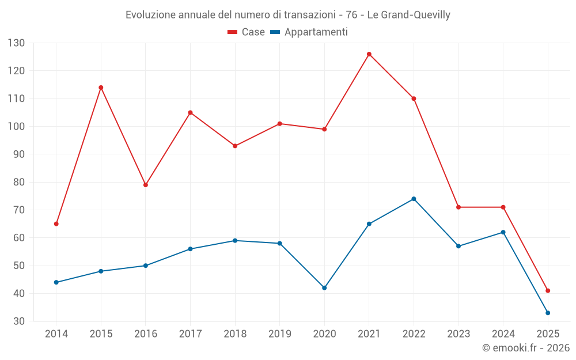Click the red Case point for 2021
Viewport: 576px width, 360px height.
(x=369, y=54)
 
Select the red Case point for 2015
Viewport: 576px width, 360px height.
(x=101, y=88)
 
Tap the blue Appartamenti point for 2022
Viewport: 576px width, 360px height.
(x=414, y=199)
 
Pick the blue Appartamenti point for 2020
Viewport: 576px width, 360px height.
(x=324, y=287)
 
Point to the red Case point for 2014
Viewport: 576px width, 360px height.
(x=56, y=223)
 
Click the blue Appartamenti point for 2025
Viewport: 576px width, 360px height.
(x=548, y=313)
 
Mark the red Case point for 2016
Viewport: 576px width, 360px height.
(x=146, y=185)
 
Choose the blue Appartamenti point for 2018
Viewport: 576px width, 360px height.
(x=235, y=240)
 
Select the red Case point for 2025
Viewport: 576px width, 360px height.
(x=548, y=290)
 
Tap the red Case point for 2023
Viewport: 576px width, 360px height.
(x=458, y=207)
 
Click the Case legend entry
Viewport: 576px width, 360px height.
(x=247, y=32)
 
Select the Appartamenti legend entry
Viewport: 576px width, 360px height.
(x=309, y=32)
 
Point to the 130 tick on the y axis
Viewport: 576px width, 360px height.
(x=16, y=43)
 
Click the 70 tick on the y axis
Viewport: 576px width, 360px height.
(x=19, y=210)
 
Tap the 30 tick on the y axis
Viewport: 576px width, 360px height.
(x=19, y=321)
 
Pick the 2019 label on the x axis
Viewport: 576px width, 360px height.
(x=280, y=334)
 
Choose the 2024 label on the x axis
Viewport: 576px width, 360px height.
(x=503, y=334)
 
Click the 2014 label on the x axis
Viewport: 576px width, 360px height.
(x=56, y=334)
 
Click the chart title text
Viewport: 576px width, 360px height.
(x=288, y=14)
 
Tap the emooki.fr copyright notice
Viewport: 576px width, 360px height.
(x=526, y=347)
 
